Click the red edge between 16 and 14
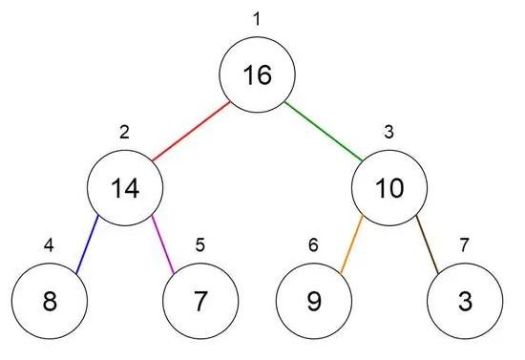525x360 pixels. (x=191, y=131)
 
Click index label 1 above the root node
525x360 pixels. (x=256, y=18)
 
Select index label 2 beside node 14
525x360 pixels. (x=124, y=131)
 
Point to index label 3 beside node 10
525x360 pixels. (x=388, y=131)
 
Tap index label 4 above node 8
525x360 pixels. (x=49, y=244)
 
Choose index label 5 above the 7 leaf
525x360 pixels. (x=199, y=244)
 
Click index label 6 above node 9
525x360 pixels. (x=313, y=244)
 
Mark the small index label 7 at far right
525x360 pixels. (x=464, y=244)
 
